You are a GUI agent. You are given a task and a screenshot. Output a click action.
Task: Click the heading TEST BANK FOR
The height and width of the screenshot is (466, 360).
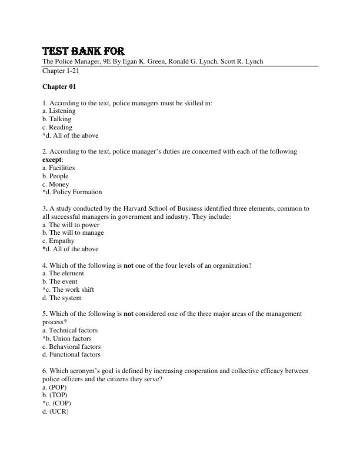coord(83,51)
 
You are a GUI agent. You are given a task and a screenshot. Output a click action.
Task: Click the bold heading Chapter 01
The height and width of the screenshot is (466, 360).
coord(59,86)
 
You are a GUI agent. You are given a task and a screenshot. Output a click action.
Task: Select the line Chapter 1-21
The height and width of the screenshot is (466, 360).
coord(61,71)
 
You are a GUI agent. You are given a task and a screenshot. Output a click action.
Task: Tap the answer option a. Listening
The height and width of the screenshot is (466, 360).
coord(59,111)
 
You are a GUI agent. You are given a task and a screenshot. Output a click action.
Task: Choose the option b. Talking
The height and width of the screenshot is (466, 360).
coord(57,119)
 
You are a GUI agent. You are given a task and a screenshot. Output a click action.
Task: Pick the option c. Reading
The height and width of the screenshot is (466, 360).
coord(58,127)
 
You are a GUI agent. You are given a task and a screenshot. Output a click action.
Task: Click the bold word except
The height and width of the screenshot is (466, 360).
coord(52,159)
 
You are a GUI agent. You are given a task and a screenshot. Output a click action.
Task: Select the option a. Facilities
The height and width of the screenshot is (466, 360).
coord(59,168)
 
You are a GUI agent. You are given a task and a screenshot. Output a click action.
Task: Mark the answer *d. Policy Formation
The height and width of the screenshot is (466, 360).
coord(72,192)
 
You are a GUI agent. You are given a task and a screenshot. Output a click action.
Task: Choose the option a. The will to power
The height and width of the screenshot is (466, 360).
coord(71,225)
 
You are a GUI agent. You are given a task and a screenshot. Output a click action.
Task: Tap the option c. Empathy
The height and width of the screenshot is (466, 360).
coord(58,241)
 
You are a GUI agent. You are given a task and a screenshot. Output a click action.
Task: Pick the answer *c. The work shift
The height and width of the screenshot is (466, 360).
coord(68,289)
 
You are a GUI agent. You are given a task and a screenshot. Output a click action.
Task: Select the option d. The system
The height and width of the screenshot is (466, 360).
coord(63,298)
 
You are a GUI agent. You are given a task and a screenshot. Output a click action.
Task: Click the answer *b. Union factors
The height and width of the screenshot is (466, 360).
coord(67,338)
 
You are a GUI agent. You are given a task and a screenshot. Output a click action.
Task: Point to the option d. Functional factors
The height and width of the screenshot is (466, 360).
coord(71,354)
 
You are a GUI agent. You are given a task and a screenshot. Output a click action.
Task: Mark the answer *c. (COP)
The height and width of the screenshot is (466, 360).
coord(56,403)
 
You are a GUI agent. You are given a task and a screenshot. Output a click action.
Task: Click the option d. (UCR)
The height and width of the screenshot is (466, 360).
coord(55,411)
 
